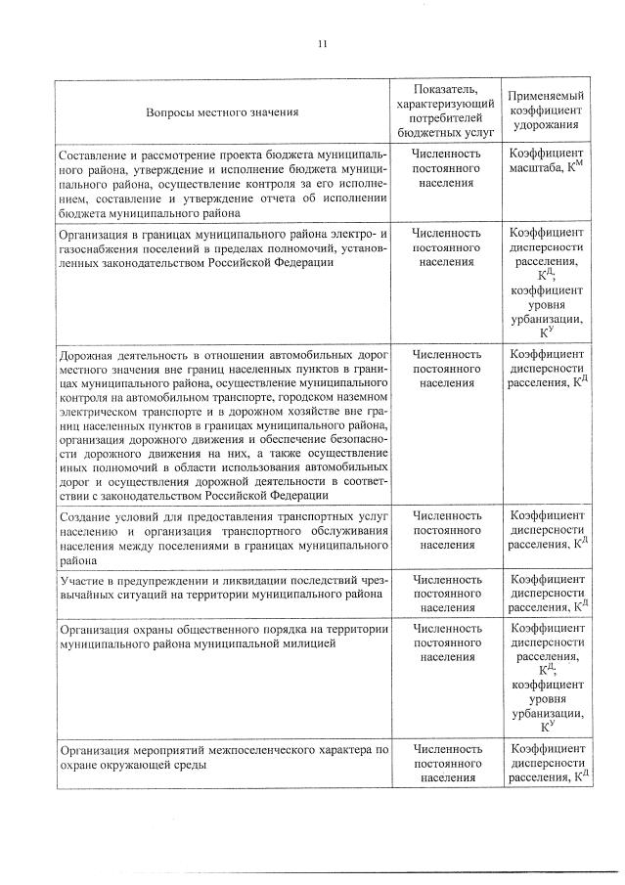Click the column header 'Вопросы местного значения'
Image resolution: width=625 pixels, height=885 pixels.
[222, 111]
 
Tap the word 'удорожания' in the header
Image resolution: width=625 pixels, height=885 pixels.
[546, 126]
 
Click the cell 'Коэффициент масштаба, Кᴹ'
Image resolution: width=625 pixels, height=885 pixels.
[546, 162]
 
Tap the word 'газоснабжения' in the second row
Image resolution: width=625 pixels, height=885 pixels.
[102, 248]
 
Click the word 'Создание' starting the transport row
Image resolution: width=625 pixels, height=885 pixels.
[86, 516]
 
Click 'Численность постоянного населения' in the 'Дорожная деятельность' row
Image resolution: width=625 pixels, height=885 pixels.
[446, 368]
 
